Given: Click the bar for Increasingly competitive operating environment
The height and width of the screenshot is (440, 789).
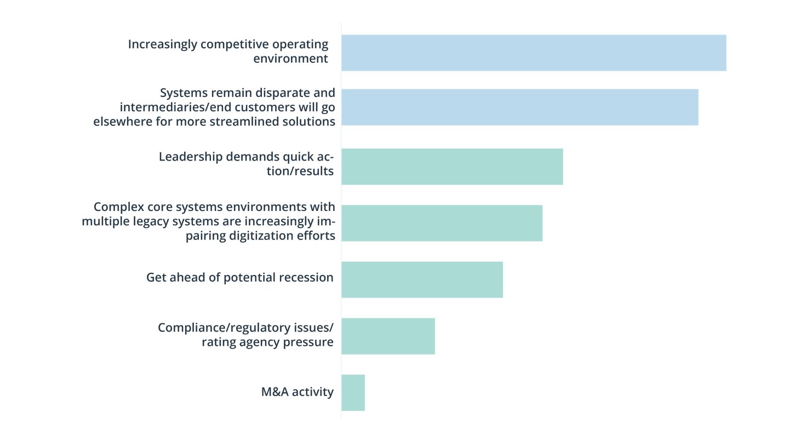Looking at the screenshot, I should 534,53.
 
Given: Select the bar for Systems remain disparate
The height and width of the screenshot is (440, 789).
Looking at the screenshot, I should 519,107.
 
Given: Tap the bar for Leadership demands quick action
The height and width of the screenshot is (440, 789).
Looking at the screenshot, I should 452,166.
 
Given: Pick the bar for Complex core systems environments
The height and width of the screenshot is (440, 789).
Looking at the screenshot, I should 442,222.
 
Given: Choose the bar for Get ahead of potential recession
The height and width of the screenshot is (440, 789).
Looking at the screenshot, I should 422,279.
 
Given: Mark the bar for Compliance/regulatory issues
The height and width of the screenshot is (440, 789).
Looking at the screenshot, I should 388,336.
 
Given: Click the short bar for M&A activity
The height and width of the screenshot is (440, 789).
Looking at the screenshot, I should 353,392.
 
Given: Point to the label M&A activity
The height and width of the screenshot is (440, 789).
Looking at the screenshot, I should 297,392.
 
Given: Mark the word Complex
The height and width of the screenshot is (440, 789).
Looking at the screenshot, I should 116,207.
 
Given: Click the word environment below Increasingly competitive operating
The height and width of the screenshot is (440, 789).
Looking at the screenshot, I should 290,58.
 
